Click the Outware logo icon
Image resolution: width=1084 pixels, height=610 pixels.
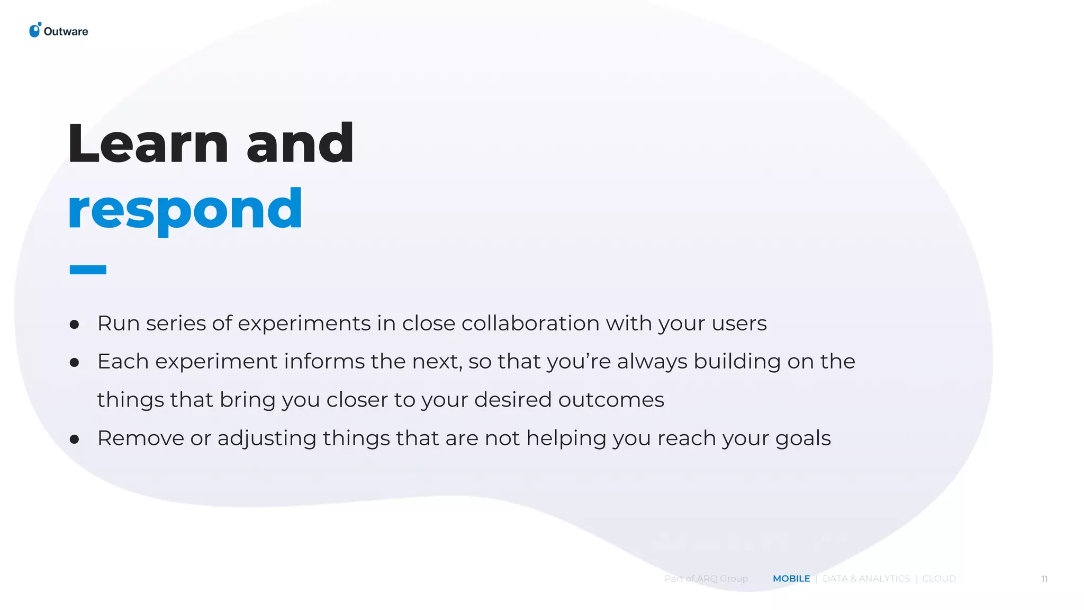[x=35, y=30]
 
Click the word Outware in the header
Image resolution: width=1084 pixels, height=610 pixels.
[x=66, y=32]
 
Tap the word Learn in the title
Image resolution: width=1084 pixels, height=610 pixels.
[x=148, y=143]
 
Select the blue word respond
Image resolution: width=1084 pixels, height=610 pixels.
[x=185, y=210]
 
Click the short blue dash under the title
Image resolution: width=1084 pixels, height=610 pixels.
[x=88, y=270]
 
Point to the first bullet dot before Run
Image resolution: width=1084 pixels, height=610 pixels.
[x=75, y=324]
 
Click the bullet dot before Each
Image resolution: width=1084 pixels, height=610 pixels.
[x=75, y=363]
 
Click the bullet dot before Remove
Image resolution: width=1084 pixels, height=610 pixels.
[x=75, y=439]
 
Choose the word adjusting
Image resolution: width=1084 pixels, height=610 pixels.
[x=267, y=439]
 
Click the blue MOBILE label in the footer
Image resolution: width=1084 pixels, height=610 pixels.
[x=791, y=579]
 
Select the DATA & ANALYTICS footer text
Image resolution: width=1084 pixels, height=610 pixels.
[x=866, y=579]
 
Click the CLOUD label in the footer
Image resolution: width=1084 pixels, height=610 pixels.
[x=939, y=579]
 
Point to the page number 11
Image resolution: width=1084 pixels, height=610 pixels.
[x=1044, y=579]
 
